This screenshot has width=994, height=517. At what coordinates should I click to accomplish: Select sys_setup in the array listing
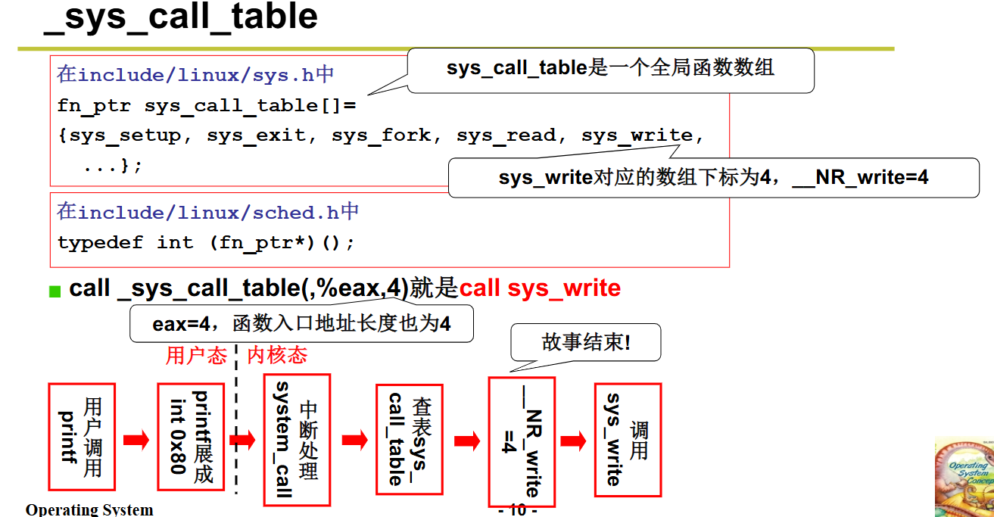pos(125,135)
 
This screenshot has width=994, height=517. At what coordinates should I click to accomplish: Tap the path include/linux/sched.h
pos(208,213)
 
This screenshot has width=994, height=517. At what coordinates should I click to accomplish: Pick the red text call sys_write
pos(540,288)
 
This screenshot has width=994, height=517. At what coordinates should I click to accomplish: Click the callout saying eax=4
pos(301,324)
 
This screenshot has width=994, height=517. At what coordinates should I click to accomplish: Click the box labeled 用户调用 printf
pos(82,437)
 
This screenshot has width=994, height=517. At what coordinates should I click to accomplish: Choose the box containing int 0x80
pos(190,437)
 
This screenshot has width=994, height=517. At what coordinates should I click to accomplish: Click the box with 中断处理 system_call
pos(297,440)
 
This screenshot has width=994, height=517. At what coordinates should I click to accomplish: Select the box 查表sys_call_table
pos(409,439)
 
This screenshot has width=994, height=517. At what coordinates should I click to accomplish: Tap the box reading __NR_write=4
pos(522,441)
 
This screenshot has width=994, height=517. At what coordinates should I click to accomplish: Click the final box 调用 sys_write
pos(628,440)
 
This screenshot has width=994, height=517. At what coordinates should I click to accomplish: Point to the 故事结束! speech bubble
pos(586,343)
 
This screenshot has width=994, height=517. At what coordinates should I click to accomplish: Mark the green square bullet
pos(55,291)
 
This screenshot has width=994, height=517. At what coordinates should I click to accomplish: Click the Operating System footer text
pos(89,509)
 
